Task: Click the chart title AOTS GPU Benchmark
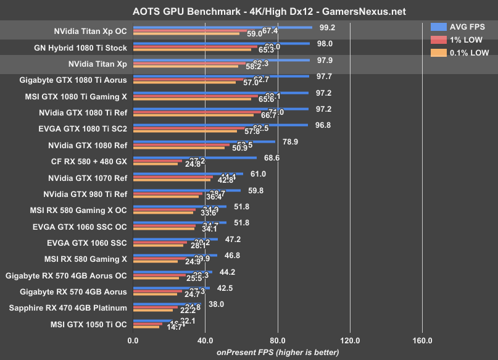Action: point(249,11)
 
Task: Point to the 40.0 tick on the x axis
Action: point(205,340)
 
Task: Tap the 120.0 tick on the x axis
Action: point(350,340)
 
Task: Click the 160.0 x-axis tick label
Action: point(422,340)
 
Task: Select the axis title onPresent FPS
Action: point(277,352)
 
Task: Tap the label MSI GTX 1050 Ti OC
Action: point(87,324)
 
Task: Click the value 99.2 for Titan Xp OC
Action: point(328,28)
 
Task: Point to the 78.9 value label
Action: point(291,141)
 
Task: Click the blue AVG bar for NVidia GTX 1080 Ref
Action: point(204,141)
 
